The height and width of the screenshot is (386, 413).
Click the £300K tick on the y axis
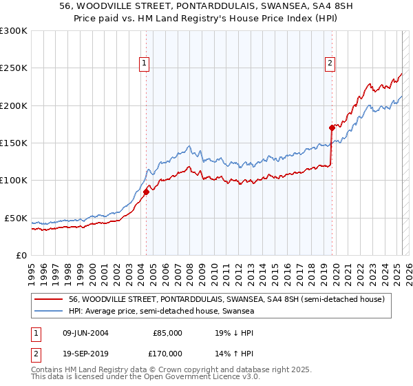click(x=13, y=31)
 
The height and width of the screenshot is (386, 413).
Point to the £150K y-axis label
click(x=13, y=143)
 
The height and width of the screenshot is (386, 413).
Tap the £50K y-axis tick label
click(x=15, y=218)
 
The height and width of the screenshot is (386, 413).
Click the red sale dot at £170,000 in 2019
click(x=331, y=128)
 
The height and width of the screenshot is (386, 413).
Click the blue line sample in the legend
click(x=48, y=312)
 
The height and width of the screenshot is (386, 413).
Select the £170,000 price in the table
click(x=167, y=354)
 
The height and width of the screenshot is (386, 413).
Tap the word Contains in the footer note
click(x=48, y=371)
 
